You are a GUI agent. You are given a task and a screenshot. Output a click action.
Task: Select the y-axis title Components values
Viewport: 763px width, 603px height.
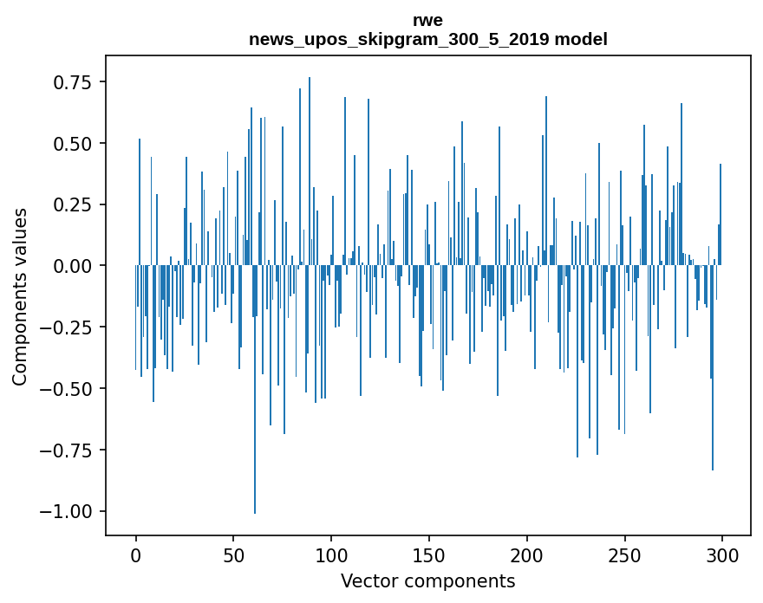(19, 296)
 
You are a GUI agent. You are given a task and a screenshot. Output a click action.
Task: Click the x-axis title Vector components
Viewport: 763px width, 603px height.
(427, 581)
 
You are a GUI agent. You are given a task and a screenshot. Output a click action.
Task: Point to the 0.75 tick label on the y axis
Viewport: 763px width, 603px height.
(74, 82)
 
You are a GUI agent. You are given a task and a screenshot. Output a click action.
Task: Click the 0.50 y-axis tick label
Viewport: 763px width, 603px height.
(74, 143)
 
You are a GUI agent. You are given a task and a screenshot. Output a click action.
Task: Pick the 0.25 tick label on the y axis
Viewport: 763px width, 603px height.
(74, 204)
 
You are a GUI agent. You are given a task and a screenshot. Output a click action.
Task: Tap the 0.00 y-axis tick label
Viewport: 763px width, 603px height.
(74, 266)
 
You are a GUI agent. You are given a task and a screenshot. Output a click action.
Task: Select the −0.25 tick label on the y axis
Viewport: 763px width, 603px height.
(68, 327)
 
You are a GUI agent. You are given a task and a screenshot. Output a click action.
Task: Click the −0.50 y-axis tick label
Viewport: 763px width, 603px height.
(68, 388)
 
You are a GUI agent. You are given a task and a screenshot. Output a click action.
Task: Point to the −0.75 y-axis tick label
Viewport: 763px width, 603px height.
(68, 450)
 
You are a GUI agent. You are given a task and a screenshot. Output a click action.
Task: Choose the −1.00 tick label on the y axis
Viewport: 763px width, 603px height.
(68, 511)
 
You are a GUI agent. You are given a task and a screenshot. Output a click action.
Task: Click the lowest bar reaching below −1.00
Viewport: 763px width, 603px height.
(255, 433)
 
